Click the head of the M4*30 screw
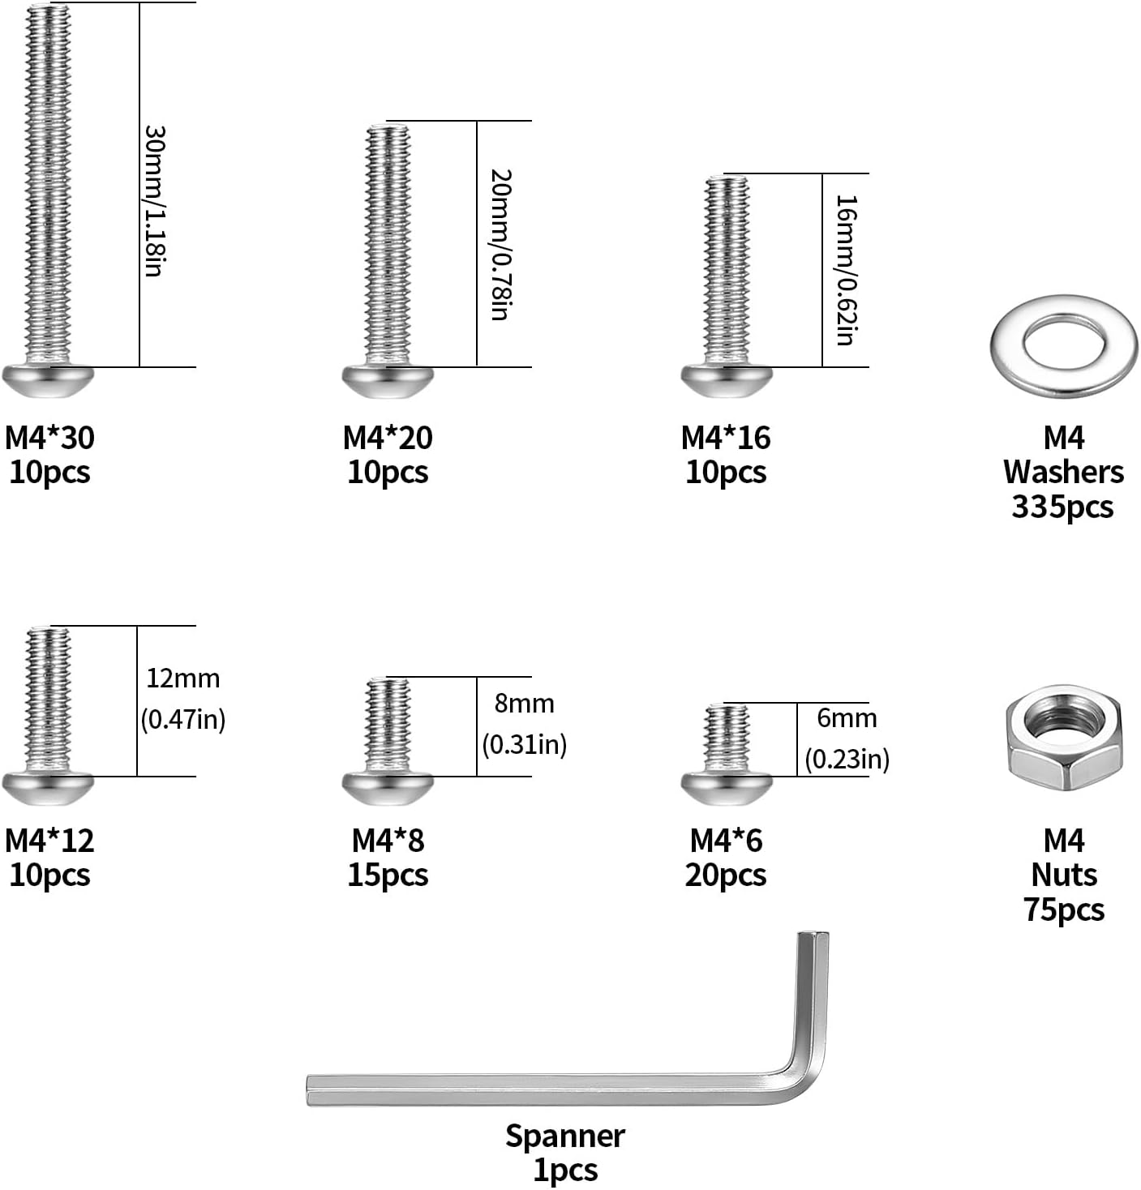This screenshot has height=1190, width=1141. (49, 379)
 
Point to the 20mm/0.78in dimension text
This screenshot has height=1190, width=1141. (501, 245)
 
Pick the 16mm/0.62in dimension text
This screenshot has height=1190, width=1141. (846, 270)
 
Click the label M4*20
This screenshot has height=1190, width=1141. (388, 438)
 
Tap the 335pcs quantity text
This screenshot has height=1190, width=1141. (1062, 507)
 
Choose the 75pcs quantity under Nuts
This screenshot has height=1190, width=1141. (1064, 910)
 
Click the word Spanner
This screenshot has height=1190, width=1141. (565, 1136)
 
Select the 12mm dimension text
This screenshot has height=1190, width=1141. (183, 678)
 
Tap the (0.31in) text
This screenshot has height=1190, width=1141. (525, 744)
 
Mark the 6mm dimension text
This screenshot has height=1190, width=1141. (847, 718)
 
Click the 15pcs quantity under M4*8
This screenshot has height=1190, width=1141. (388, 875)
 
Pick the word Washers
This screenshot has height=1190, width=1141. (1063, 472)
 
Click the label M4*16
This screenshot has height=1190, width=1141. (726, 438)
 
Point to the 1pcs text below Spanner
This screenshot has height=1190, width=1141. (565, 1171)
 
